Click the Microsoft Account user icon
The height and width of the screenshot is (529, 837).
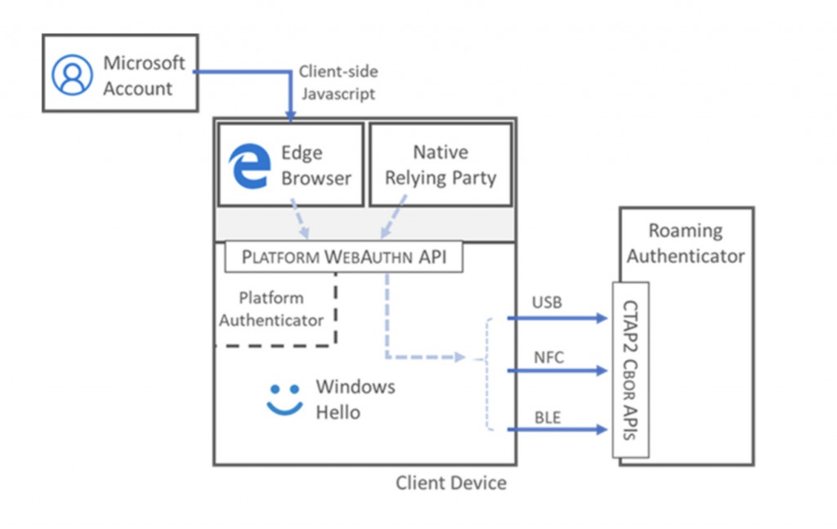[73, 75]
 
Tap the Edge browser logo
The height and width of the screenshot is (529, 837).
[249, 166]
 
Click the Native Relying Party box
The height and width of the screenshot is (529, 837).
[441, 164]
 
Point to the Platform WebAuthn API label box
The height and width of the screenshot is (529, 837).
[343, 258]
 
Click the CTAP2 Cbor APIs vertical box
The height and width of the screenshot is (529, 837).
[630, 370]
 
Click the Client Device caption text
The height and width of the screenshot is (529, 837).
[451, 483]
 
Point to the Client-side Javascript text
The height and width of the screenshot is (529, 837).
[338, 82]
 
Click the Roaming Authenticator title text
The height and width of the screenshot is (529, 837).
[686, 243]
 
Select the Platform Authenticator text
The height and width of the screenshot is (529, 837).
[271, 309]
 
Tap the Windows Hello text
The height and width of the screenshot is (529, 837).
[355, 399]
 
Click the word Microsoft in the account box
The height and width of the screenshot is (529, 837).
[144, 63]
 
